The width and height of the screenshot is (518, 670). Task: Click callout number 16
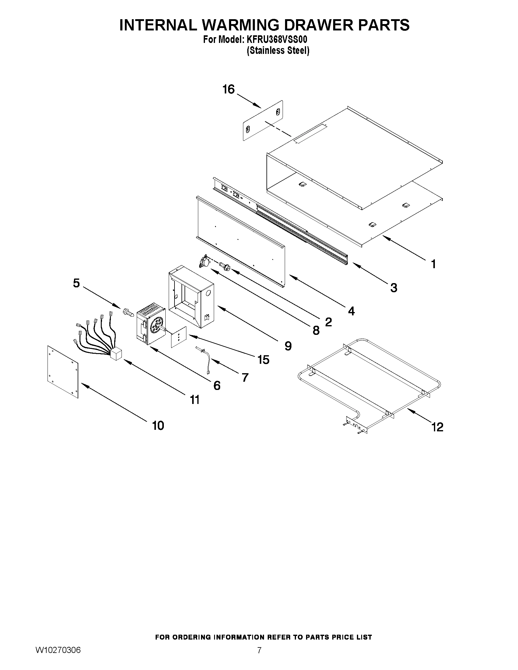(228, 89)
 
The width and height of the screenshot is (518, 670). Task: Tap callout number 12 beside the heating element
(437, 427)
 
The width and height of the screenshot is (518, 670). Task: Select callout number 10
(158, 425)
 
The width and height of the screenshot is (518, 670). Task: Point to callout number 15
(263, 360)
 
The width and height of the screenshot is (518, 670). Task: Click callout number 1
(433, 264)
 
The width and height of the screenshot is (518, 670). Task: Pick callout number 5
(76, 283)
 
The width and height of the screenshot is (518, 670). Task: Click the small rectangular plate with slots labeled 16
(263, 121)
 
